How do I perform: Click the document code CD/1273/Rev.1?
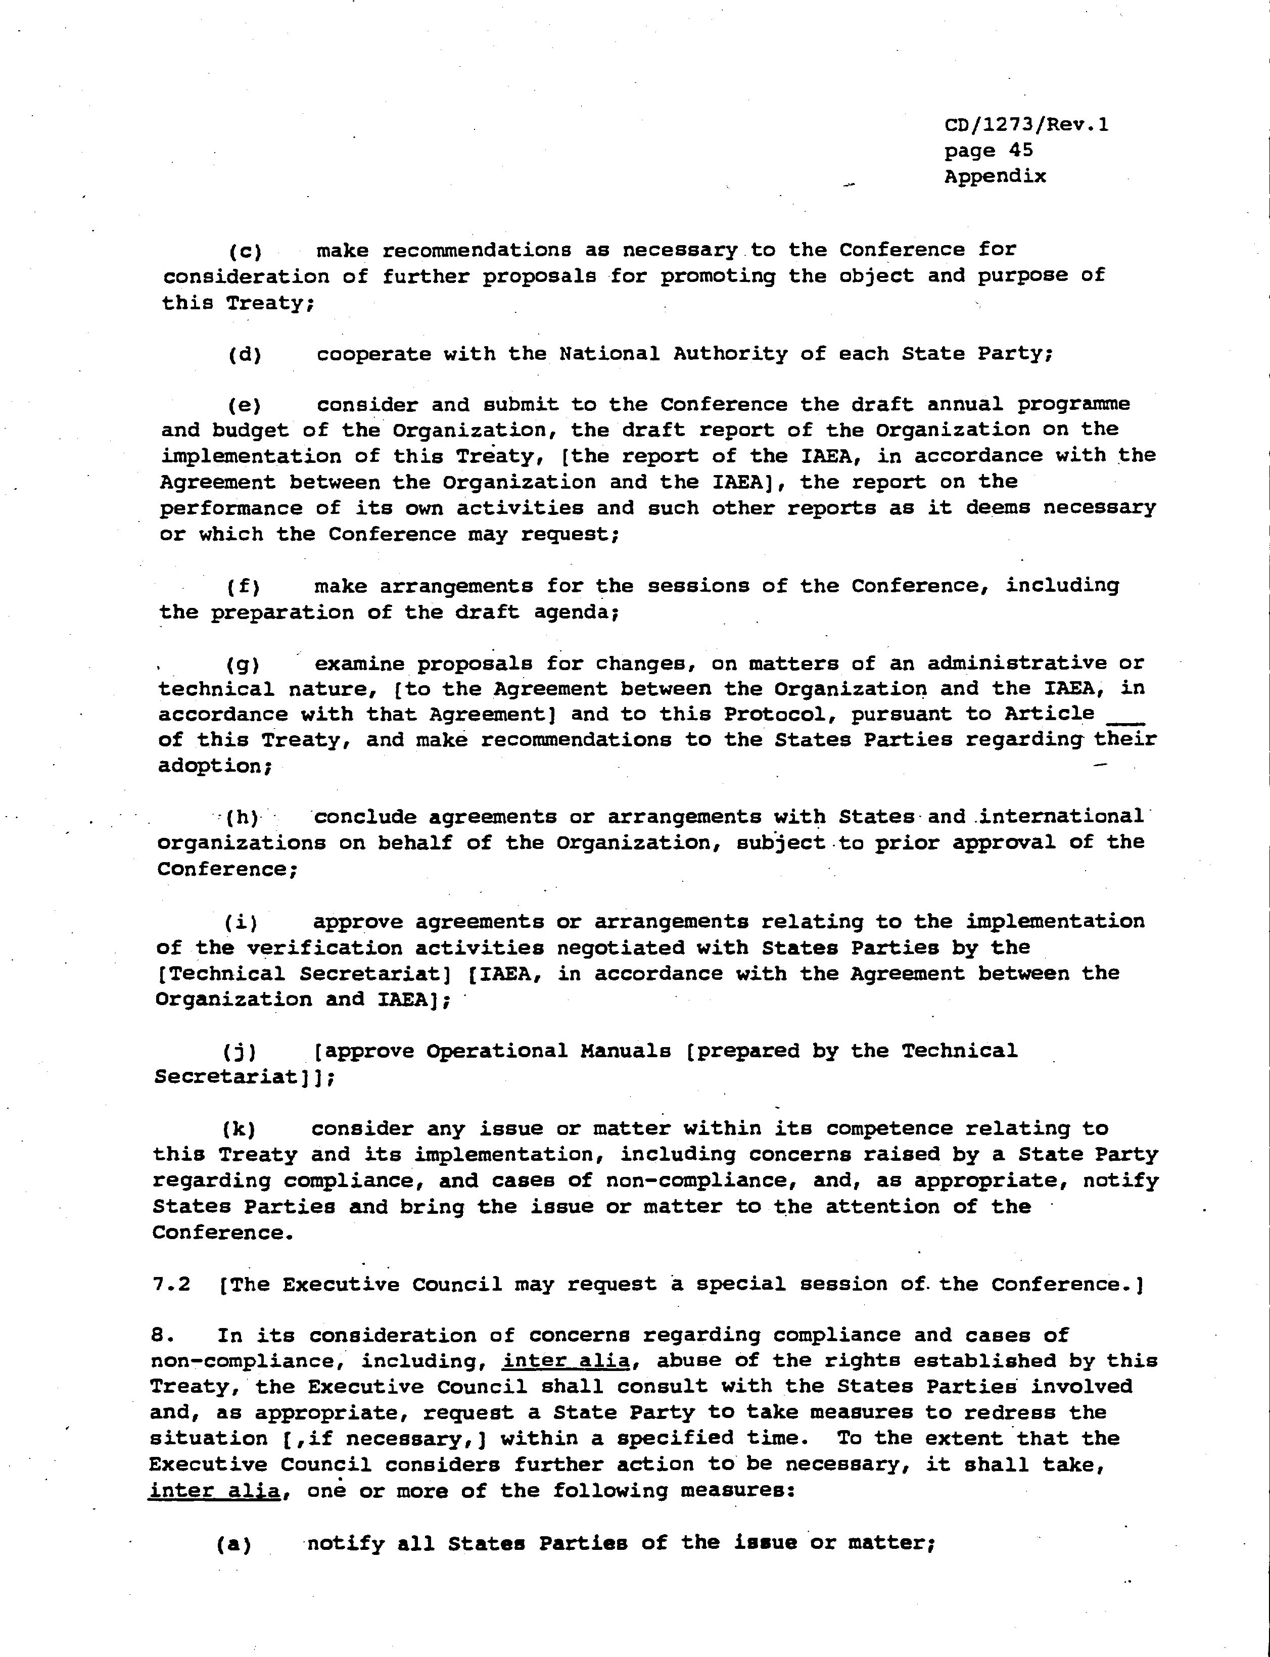click(x=1026, y=125)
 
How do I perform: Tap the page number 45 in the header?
click(x=1020, y=151)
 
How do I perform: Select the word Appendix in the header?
click(x=995, y=176)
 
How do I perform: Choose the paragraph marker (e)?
click(x=244, y=406)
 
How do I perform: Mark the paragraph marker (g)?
click(x=243, y=665)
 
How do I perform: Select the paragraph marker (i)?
click(x=241, y=923)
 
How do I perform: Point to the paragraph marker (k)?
click(x=240, y=1130)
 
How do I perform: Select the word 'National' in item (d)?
click(x=608, y=354)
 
